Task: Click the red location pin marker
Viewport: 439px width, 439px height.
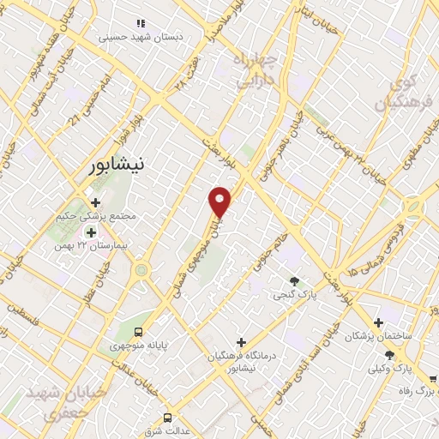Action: point(220,201)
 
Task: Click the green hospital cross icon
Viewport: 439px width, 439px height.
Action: point(90,232)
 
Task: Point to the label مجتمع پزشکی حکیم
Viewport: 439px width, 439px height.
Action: point(118,217)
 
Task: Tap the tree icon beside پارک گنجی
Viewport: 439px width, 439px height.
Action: point(295,281)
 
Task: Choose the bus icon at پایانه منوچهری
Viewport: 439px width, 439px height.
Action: point(140,333)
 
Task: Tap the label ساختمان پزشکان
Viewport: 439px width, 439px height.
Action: point(378,336)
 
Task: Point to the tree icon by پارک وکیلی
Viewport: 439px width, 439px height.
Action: point(390,355)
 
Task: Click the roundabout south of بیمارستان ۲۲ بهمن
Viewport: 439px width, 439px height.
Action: point(141,270)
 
